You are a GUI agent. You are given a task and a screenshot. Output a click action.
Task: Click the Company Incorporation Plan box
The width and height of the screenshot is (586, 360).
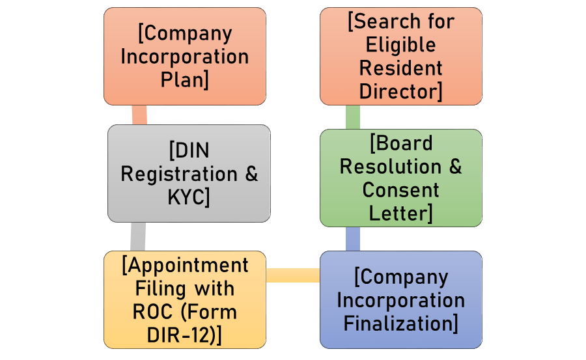click(x=184, y=56)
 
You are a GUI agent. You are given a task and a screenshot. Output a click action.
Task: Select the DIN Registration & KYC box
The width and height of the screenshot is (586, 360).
click(x=189, y=173)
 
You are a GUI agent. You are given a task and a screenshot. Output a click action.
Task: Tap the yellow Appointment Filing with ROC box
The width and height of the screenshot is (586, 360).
click(x=185, y=299)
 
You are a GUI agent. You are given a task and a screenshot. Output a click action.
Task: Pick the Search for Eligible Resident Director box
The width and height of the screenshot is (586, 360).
click(x=401, y=56)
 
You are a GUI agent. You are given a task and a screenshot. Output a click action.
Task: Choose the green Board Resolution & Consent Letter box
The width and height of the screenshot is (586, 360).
click(x=401, y=178)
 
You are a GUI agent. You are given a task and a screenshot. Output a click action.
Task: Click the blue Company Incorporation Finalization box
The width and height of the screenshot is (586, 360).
click(x=401, y=300)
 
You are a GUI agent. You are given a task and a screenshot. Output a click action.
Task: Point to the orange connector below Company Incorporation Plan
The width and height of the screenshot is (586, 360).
click(x=139, y=115)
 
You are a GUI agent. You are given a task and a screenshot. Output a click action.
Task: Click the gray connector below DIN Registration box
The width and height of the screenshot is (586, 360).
click(x=137, y=236)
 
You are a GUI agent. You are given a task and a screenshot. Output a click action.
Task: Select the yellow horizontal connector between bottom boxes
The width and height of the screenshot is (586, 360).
click(x=293, y=275)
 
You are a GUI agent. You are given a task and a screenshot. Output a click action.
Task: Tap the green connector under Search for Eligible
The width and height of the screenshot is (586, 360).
click(x=352, y=117)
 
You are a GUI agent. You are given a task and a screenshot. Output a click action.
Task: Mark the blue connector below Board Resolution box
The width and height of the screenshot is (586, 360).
click(x=352, y=239)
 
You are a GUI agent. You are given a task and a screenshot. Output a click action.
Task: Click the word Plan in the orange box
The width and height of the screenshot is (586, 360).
click(x=184, y=79)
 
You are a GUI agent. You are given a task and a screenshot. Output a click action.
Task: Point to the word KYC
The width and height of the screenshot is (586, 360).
click(x=187, y=197)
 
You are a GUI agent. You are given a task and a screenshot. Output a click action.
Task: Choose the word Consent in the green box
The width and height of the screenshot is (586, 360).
click(x=401, y=189)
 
